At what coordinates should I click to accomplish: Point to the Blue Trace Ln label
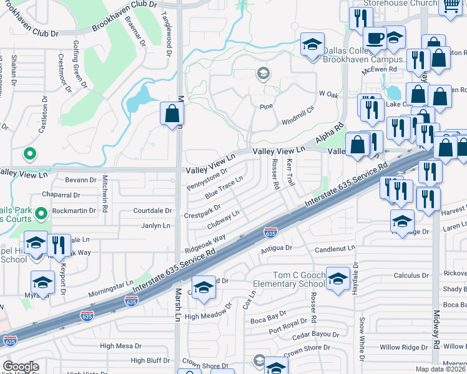(x=224, y=187)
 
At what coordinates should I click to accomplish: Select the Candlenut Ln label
(x=334, y=248)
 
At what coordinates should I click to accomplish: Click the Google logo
(x=21, y=367)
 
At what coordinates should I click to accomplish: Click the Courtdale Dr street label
(x=152, y=211)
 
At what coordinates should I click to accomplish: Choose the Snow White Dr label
(x=361, y=331)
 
